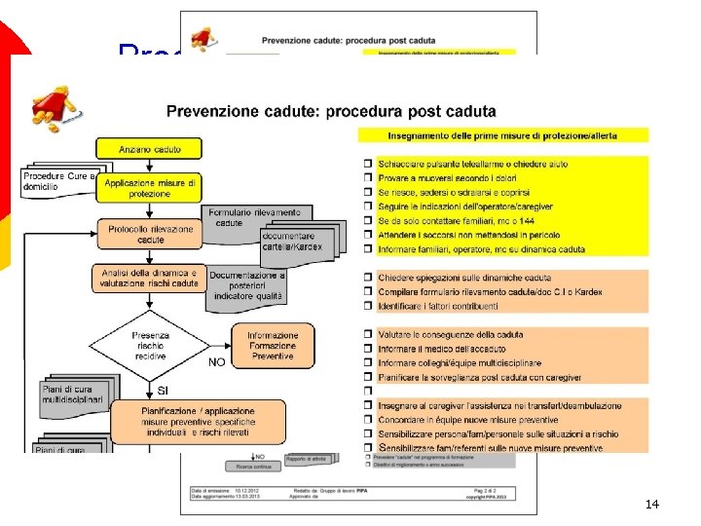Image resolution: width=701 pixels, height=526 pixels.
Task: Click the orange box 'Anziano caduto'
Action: click(150, 150)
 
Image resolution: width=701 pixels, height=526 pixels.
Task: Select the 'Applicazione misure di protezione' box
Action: click(150, 187)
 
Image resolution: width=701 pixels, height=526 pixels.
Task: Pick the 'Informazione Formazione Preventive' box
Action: click(273, 345)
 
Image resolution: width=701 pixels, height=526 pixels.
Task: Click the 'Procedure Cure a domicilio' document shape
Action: click(57, 182)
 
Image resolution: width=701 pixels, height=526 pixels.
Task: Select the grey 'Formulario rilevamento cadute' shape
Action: click(255, 217)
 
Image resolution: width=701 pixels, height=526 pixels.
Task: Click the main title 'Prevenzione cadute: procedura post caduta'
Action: click(331, 111)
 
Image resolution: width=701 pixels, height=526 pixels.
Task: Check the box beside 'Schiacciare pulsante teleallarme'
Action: click(367, 165)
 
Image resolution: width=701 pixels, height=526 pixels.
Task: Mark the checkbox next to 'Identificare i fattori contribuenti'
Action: click(367, 306)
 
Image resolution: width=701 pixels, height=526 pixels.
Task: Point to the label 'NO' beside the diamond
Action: click(217, 361)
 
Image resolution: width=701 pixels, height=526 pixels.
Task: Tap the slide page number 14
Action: click(652, 504)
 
